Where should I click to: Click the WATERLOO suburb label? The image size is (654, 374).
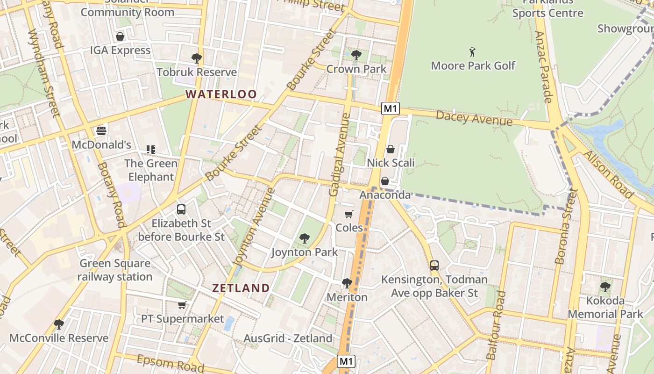coord(221,94)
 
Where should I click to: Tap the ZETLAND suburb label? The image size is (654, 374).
coord(241,288)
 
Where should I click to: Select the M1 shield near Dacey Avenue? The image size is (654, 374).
coord(391,109)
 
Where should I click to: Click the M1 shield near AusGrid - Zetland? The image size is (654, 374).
coord(346,361)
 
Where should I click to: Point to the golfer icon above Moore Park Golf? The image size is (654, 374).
coord(472,51)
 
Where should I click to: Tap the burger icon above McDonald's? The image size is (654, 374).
coord(101,130)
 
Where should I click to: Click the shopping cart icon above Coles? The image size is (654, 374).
coord(348,214)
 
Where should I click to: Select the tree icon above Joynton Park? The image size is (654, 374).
coord(304,238)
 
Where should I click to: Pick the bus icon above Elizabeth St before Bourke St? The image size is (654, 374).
coord(181,209)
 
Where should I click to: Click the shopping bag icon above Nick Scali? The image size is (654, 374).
coord(390,149)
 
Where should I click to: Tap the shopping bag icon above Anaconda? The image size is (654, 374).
coord(385,181)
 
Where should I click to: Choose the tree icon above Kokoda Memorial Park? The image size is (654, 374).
coord(605,287)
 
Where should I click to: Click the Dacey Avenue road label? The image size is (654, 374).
coord(474,118)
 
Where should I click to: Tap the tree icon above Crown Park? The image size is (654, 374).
coord(356,55)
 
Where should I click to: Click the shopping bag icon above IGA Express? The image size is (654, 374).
coord(120,36)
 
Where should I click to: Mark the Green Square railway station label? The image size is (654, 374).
coord(115,270)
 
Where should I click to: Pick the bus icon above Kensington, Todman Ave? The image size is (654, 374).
coord(434,266)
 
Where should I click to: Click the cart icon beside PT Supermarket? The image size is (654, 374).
coord(182,305)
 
